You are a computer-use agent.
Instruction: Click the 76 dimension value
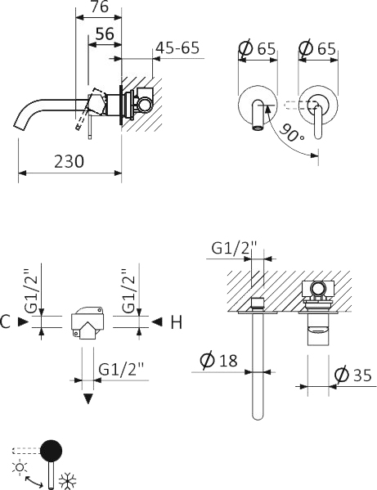click(x=99, y=9)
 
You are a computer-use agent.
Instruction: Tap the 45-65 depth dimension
click(x=177, y=47)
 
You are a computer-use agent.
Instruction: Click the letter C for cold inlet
click(x=7, y=323)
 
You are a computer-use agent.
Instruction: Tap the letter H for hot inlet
click(x=175, y=323)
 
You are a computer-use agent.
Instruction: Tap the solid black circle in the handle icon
click(x=52, y=449)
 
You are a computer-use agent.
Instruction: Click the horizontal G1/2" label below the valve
click(x=121, y=369)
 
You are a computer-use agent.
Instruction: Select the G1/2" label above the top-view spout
click(x=235, y=247)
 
